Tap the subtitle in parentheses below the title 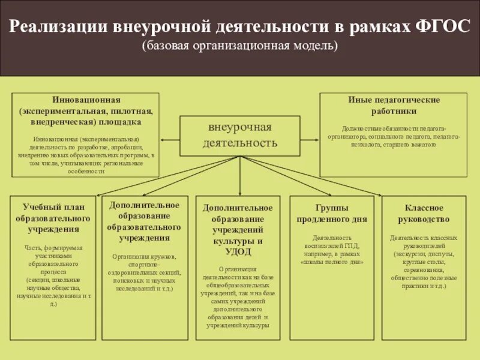[x=240, y=46]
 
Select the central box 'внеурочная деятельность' [x=240, y=135]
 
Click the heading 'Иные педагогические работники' [x=394, y=105]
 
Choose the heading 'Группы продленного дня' [x=331, y=213]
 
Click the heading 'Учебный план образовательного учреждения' [x=53, y=218]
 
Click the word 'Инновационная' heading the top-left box [x=86, y=100]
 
